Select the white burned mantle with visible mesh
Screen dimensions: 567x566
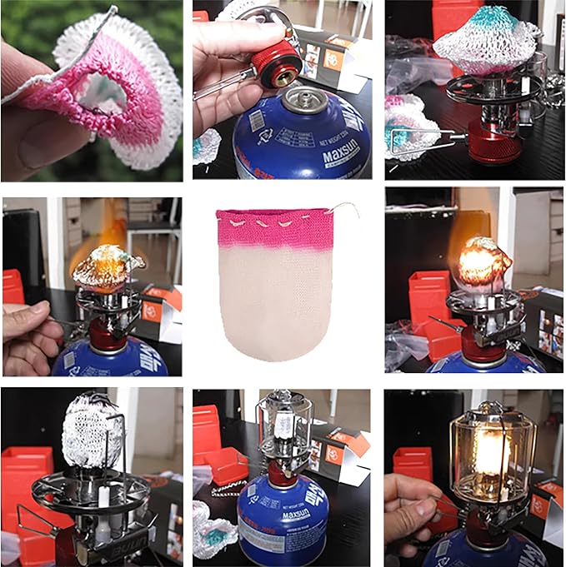point(93,433)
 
